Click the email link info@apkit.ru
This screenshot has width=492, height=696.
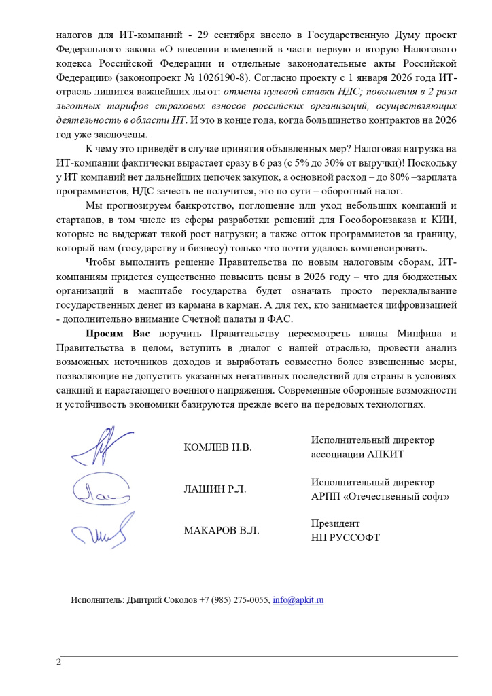pyautogui.click(x=298, y=601)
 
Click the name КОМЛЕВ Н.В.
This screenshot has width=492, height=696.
pyautogui.click(x=217, y=447)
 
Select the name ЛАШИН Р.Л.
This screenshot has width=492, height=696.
pyautogui.click(x=215, y=489)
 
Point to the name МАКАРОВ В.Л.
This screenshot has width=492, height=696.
pyautogui.click(x=221, y=530)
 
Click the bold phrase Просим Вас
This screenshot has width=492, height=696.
pyautogui.click(x=118, y=333)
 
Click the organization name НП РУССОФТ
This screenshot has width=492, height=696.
pyautogui.click(x=345, y=537)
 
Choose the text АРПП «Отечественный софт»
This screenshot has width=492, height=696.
pyautogui.click(x=380, y=496)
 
